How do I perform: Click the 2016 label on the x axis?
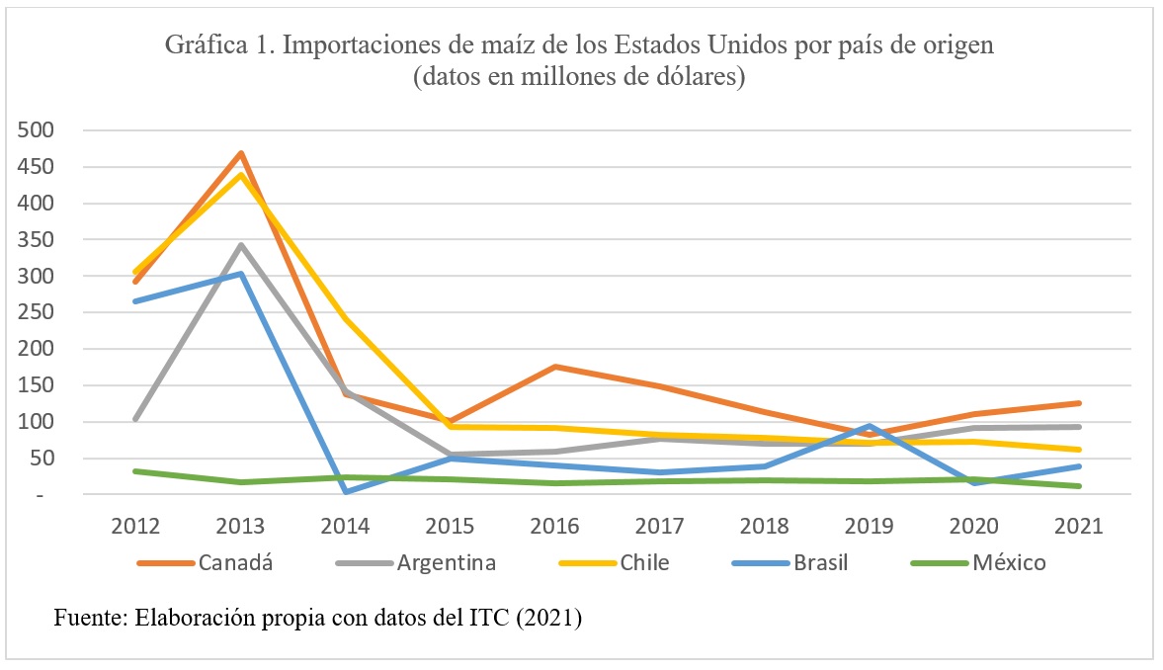coord(555,526)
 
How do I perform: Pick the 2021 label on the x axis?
coord(1080,526)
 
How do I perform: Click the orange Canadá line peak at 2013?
coord(240,153)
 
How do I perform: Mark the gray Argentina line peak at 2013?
coord(240,245)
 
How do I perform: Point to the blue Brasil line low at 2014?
coord(346,491)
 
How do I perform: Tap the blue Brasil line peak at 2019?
coord(871,426)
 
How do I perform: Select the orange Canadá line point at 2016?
coord(555,367)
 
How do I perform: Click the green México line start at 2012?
coord(135,471)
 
